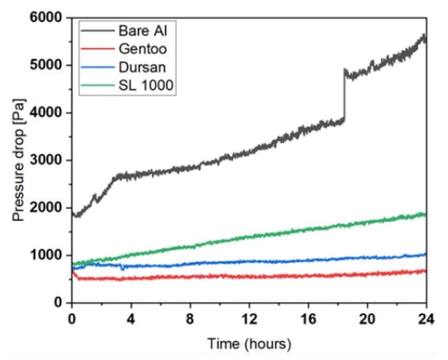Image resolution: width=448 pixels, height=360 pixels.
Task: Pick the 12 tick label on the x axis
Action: (249, 318)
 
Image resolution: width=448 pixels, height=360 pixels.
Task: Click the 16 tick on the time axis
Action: (308, 318)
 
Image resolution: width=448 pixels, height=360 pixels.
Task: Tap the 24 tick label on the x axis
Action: (425, 318)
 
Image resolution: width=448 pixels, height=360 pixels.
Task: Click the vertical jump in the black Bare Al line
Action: (344, 95)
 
